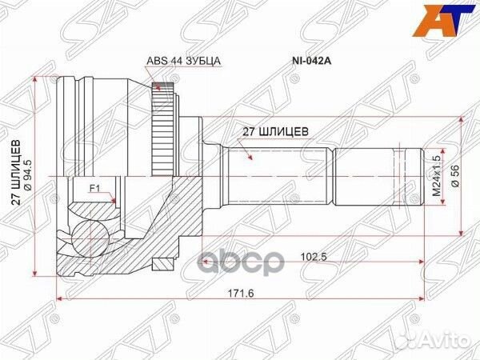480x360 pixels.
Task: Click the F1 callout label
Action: [x=94, y=190]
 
